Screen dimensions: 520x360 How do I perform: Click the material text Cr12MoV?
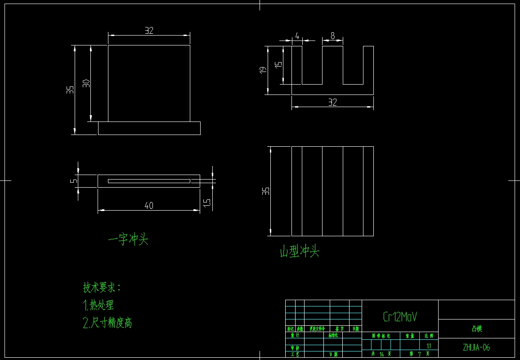[x=400, y=317]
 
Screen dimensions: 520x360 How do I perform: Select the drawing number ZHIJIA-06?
[x=476, y=347]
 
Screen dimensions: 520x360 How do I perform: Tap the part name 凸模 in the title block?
[x=476, y=329]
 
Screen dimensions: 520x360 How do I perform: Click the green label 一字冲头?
[x=128, y=239]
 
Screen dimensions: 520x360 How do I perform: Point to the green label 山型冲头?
[x=300, y=251]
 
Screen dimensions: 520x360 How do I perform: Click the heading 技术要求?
[x=102, y=287]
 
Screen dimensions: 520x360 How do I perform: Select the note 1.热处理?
[x=99, y=305]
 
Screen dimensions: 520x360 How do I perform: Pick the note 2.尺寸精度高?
[x=108, y=323]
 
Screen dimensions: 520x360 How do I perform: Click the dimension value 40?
[x=149, y=206]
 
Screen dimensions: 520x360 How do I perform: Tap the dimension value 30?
[x=86, y=83]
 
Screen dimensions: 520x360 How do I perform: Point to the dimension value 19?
[x=263, y=69]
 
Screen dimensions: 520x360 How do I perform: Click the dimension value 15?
[x=279, y=64]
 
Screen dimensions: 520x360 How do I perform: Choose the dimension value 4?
[x=297, y=36]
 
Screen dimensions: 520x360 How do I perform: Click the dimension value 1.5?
[x=207, y=203]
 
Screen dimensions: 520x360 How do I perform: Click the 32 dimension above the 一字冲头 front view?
[x=149, y=31]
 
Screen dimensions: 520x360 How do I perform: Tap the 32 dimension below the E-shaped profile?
[x=332, y=103]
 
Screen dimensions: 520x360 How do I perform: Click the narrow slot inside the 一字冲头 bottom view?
[x=149, y=181]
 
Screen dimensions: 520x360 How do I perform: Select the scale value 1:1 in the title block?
[x=428, y=346]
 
